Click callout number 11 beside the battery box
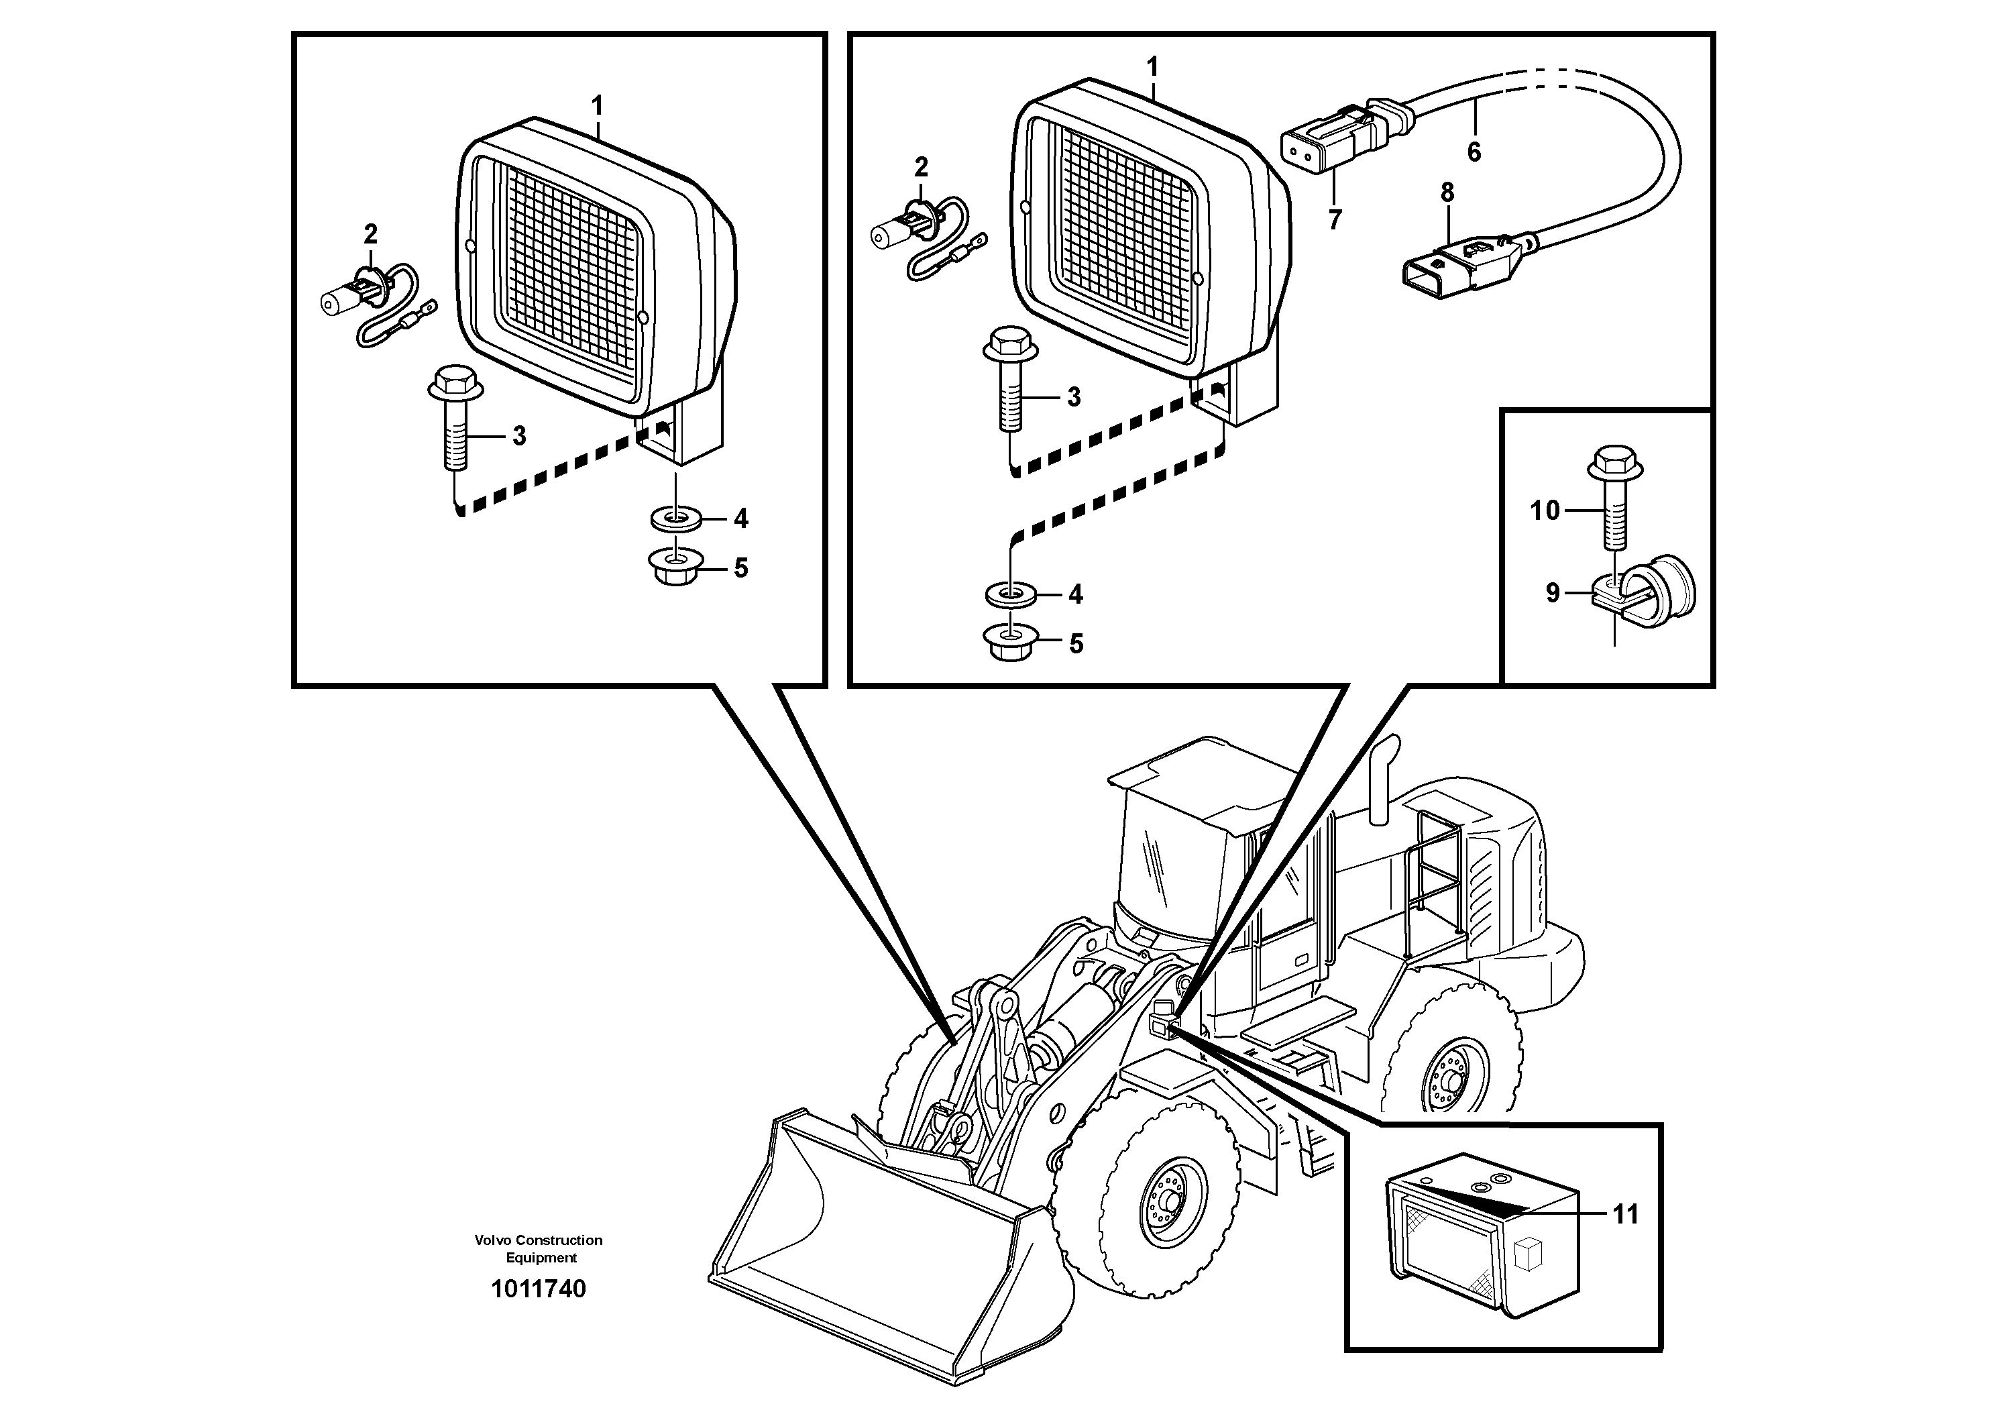pyautogui.click(x=1625, y=1214)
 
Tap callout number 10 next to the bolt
pyautogui.click(x=1545, y=510)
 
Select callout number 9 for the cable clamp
pyautogui.click(x=1553, y=593)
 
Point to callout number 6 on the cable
pyautogui.click(x=1474, y=152)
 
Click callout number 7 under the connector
pyautogui.click(x=1335, y=219)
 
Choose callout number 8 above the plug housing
pyautogui.click(x=1447, y=193)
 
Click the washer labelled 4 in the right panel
pyautogui.click(x=1009, y=594)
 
